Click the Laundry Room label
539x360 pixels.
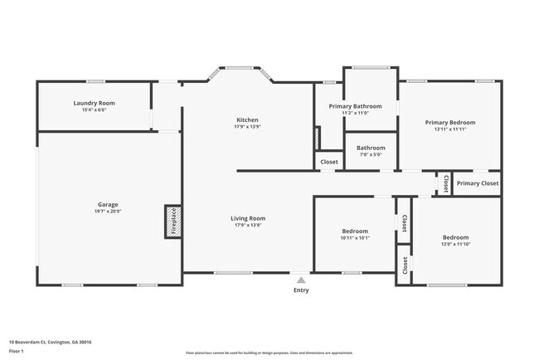[94, 103]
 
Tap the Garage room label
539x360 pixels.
[108, 204]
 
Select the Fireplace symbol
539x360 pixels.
[173, 222]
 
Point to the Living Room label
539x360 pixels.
[248, 218]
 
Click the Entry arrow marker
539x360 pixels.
[300, 280]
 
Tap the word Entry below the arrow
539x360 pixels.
[300, 290]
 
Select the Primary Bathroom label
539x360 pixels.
[355, 106]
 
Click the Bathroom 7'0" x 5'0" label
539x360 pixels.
[371, 148]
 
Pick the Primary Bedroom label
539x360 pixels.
[450, 122]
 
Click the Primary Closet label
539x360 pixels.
[477, 183]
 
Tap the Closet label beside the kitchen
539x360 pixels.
[328, 162]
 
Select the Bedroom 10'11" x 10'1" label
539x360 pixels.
[355, 231]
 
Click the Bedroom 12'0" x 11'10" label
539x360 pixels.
[455, 237]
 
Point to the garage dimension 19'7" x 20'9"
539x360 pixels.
[108, 212]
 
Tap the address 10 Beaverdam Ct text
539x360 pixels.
[50, 342]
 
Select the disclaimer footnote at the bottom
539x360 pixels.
[269, 353]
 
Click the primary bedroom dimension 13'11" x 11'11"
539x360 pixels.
[450, 129]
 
